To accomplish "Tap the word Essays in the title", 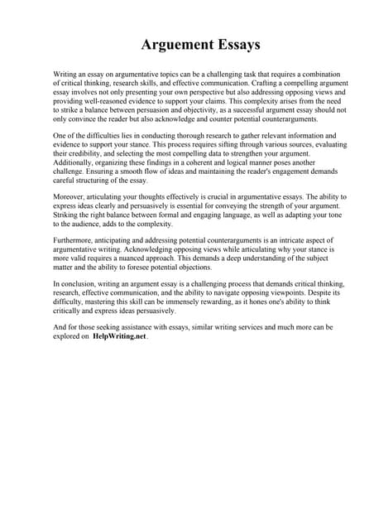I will tap(234, 43).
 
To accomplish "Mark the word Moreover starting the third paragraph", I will tap(72, 197).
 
